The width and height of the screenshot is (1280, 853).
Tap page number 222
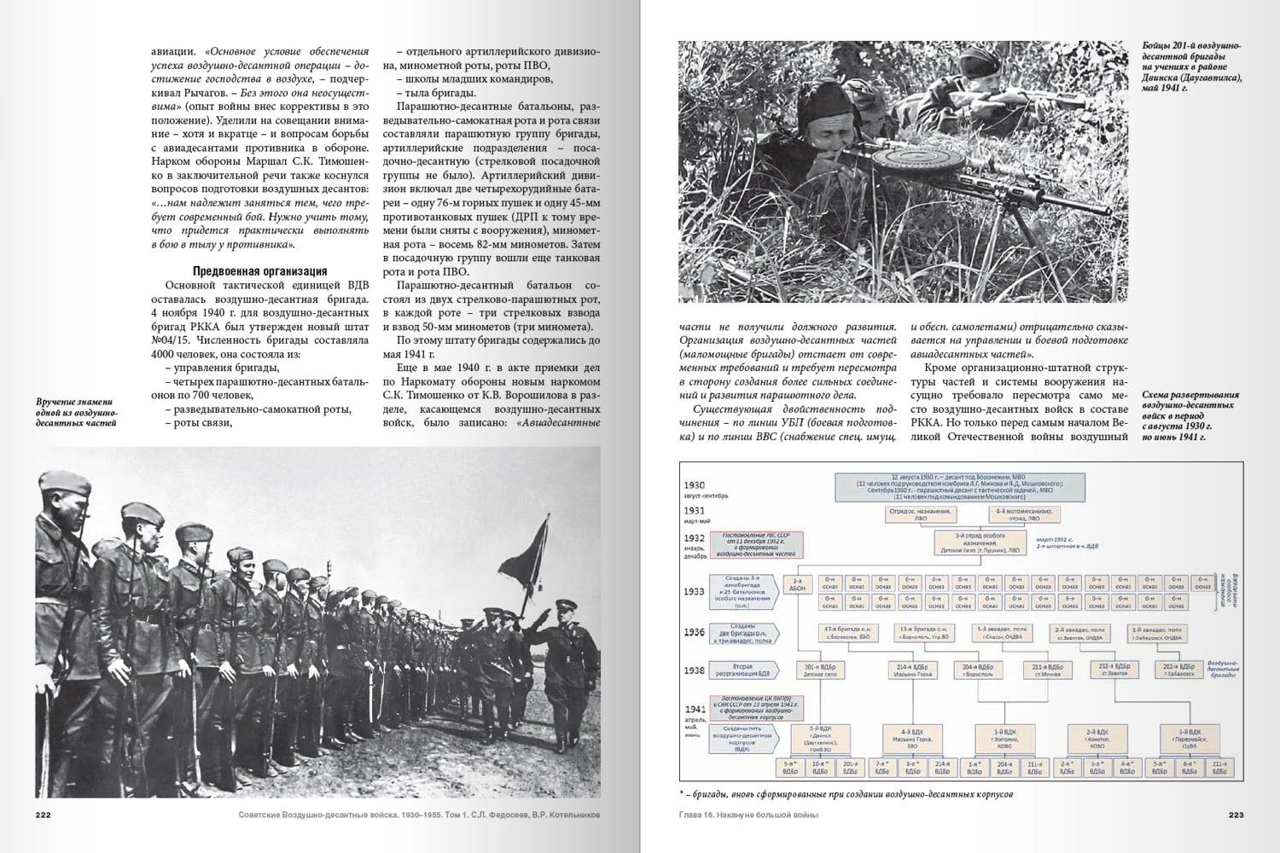coord(44,815)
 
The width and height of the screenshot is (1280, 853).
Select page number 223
coord(1235,815)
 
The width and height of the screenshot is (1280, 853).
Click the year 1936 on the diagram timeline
coord(694,633)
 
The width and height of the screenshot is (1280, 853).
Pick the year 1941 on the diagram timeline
coord(694,708)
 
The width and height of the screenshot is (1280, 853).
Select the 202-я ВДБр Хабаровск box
coord(1178,670)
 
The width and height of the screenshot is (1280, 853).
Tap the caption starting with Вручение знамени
coord(77,412)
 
